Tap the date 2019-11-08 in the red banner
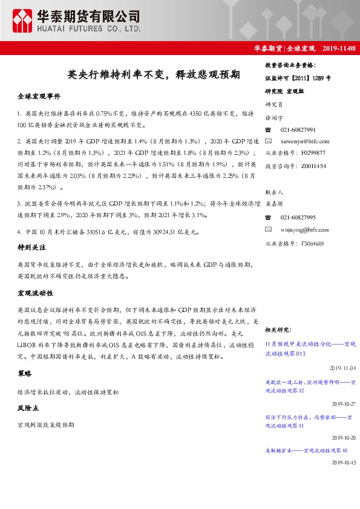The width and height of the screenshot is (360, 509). [339, 48]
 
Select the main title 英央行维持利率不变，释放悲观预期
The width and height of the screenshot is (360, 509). [154, 75]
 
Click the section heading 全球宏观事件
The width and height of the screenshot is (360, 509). [39, 97]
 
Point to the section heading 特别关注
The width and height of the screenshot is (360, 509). [31, 248]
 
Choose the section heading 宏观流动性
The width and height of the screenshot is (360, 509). [35, 293]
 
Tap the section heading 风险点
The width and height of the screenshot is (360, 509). [28, 408]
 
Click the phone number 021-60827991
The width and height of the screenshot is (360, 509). [298, 130]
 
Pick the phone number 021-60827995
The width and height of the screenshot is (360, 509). [298, 218]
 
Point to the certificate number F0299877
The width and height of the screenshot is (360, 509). [309, 153]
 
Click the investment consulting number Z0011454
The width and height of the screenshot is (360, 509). [309, 165]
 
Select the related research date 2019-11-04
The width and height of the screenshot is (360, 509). [343, 368]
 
